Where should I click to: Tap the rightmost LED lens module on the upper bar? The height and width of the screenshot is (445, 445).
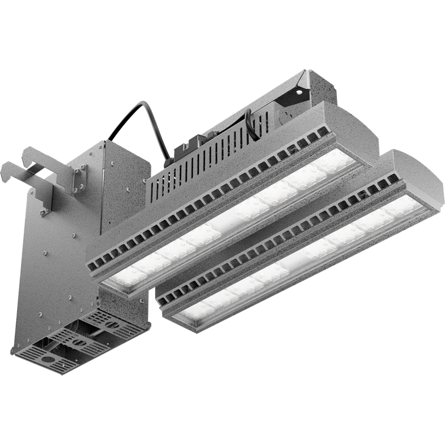[x=336, y=162]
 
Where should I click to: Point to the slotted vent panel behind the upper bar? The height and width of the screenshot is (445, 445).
[x=206, y=167]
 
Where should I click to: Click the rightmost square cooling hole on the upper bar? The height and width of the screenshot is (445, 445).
[x=324, y=132]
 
